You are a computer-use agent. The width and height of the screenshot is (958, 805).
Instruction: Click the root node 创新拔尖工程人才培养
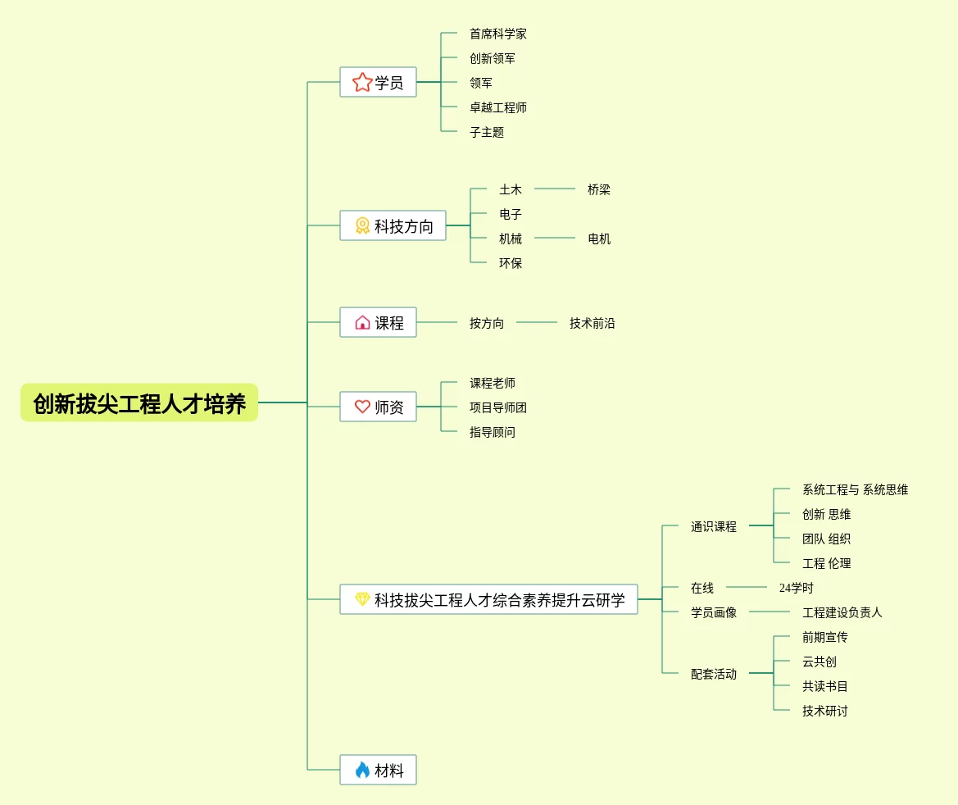pos(139,403)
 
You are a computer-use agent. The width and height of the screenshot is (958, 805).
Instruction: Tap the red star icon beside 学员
pos(362,82)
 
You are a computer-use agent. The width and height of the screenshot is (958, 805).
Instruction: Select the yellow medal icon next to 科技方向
pos(362,225)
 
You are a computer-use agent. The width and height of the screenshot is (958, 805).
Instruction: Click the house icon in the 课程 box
pos(362,322)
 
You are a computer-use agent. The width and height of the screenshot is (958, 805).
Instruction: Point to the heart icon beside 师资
pos(362,407)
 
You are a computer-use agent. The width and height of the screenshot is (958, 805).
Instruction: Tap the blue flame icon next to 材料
pos(362,770)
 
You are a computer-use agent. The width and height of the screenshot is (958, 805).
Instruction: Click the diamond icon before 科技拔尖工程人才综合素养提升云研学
pos(362,599)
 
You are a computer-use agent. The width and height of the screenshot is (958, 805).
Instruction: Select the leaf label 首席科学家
pos(498,34)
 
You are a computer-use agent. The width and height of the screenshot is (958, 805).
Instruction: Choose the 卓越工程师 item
pos(498,107)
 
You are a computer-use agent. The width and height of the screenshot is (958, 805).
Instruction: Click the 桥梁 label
pos(599,189)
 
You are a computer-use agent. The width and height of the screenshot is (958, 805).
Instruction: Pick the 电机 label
pos(599,239)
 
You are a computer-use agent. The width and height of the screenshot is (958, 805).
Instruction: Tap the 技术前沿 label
pos(593,323)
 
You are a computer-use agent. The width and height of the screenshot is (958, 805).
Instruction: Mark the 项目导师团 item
pos(498,407)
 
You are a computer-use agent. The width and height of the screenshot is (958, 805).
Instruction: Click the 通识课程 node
pos(714,526)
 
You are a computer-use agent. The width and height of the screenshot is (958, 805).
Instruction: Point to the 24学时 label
pos(797,588)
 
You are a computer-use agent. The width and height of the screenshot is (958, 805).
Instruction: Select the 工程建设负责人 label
pos(842,612)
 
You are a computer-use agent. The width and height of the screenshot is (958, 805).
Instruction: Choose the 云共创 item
pos(820,662)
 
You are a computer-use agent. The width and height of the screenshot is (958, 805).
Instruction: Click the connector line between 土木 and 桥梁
pos(555,189)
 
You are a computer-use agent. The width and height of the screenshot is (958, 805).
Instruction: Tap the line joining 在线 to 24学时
pos(746,587)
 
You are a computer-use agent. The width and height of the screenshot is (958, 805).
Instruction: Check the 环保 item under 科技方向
pos(511,263)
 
